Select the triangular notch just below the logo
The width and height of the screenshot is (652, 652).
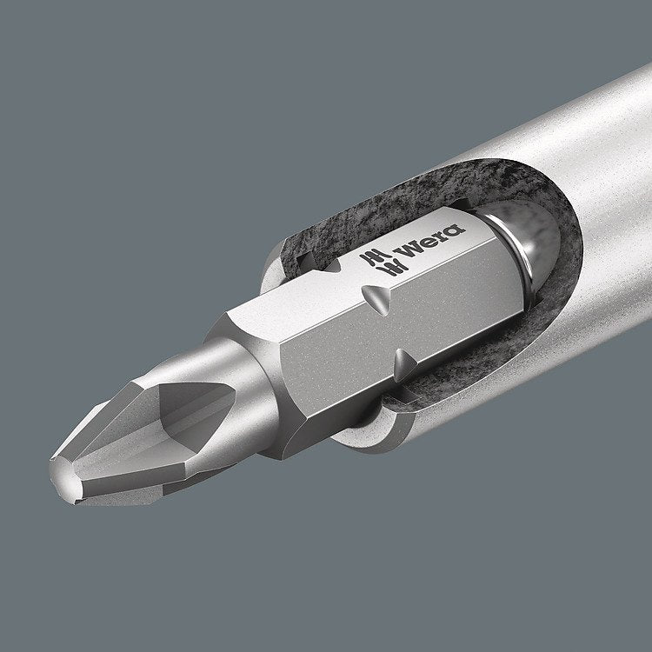tap(373, 299)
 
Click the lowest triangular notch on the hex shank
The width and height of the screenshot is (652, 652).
tap(402, 358)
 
